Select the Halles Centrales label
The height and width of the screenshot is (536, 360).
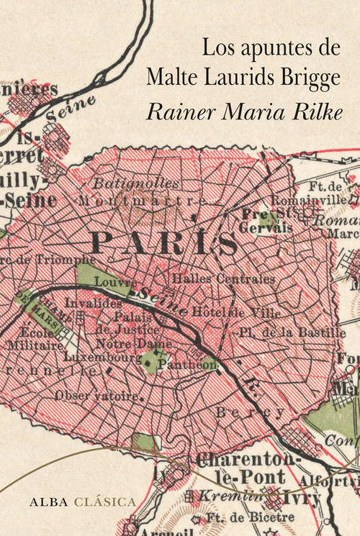pyautogui.click(x=223, y=278)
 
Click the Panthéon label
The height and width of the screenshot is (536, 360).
pyautogui.click(x=178, y=365)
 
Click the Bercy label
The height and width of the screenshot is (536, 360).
pyautogui.click(x=248, y=412)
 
